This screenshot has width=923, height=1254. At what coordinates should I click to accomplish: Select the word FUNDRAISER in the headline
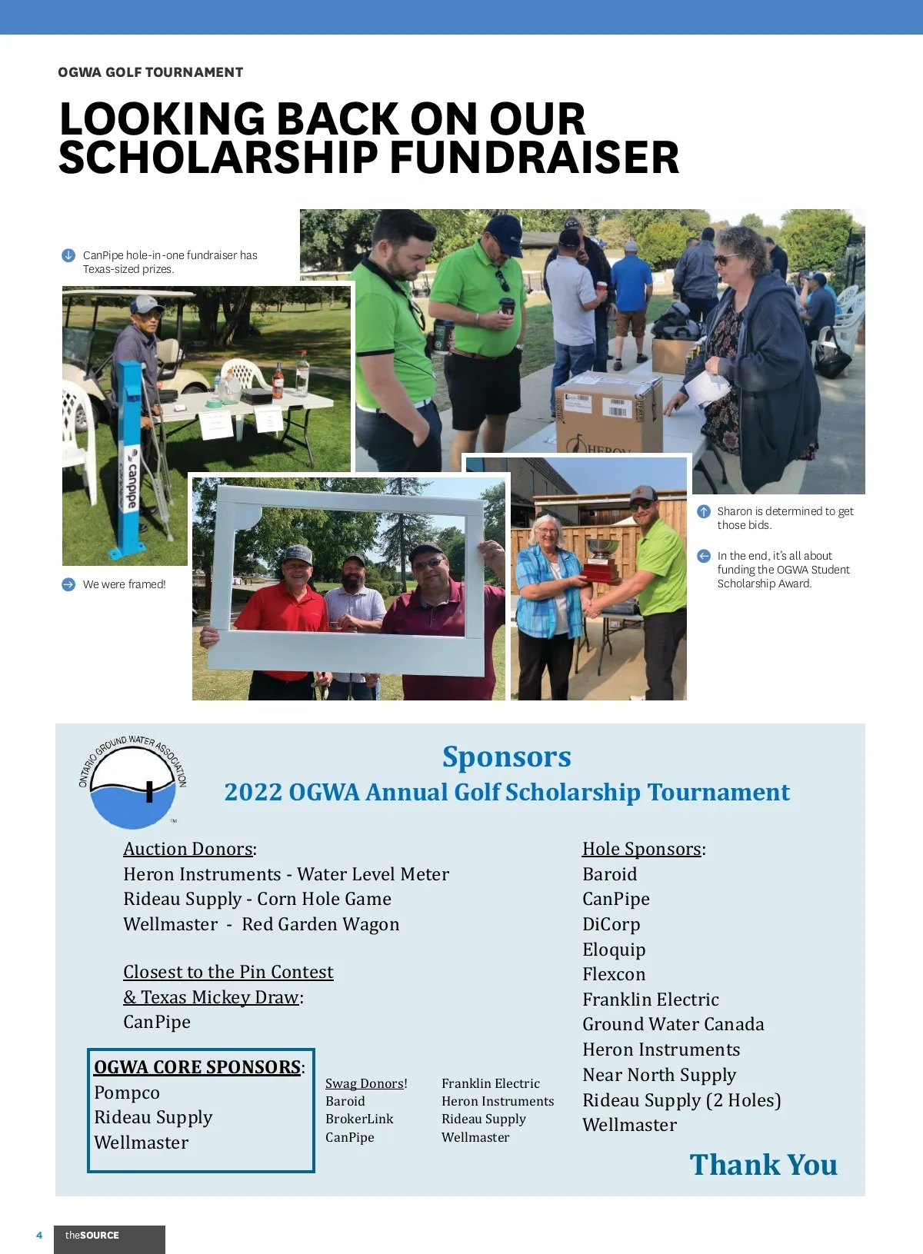click(x=534, y=158)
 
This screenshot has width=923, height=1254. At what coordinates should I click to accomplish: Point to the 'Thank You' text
click(x=763, y=1165)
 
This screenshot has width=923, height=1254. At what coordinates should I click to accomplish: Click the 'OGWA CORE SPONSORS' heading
click(x=197, y=1067)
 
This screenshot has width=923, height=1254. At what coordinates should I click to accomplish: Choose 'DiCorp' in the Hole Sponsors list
click(x=611, y=924)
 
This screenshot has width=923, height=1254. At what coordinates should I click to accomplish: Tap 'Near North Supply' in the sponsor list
click(x=659, y=1075)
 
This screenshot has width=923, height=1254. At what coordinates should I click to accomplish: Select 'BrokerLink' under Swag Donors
click(x=359, y=1119)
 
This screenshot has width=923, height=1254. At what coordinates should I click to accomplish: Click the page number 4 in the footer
click(x=39, y=1236)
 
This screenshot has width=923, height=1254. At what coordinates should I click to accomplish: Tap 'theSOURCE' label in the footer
click(x=92, y=1236)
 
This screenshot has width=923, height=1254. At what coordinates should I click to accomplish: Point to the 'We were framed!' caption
click(x=124, y=584)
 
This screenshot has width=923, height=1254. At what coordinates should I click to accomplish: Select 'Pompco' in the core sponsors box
click(x=127, y=1093)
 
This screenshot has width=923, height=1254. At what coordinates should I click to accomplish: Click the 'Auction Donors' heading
click(x=188, y=849)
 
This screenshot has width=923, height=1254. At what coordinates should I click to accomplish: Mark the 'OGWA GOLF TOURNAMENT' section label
click(x=151, y=72)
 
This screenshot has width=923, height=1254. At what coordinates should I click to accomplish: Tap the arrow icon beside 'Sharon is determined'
click(x=704, y=511)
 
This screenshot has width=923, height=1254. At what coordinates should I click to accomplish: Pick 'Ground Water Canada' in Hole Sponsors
click(x=673, y=1024)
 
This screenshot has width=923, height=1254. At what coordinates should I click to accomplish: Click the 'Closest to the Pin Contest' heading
click(x=228, y=972)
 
